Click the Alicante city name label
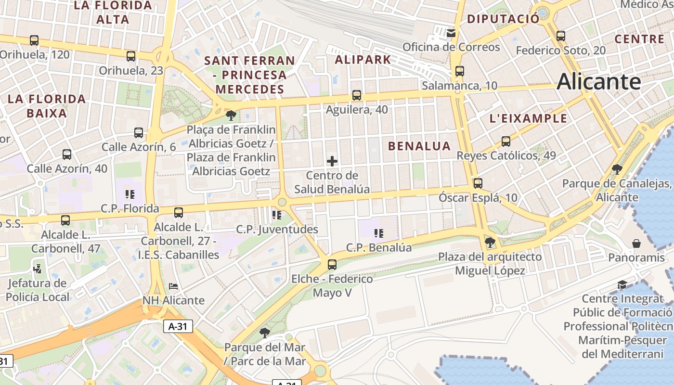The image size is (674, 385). pos(598,82)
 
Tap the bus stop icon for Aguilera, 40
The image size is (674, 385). pos(356,95)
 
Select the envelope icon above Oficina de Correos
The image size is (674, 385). pos(451,33)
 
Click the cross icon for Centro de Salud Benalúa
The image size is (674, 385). pos(332,161)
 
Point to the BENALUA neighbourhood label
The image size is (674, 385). pos(419,146)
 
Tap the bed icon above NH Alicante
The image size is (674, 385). pos(173,286)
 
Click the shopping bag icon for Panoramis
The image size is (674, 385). pos(636,244)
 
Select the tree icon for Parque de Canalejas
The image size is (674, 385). pos(617,169)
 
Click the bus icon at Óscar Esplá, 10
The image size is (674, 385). pos(478,183)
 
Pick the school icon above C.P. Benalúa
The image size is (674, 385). pos(379,233)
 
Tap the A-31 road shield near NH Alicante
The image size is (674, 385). pos(178,326)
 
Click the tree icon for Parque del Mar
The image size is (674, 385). pos(264,333)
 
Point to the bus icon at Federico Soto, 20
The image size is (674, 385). pos(560,36)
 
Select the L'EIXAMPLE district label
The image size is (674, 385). pos(528,118)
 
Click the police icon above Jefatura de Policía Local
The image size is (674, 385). pos(38,269)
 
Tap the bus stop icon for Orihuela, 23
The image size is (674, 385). pos(131,56)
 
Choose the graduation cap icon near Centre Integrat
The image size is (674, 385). pos(622,284)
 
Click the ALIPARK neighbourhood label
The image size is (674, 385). pos(363,60)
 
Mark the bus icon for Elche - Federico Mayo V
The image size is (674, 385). pos(332,264)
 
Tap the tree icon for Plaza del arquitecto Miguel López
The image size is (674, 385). pos(490,242)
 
